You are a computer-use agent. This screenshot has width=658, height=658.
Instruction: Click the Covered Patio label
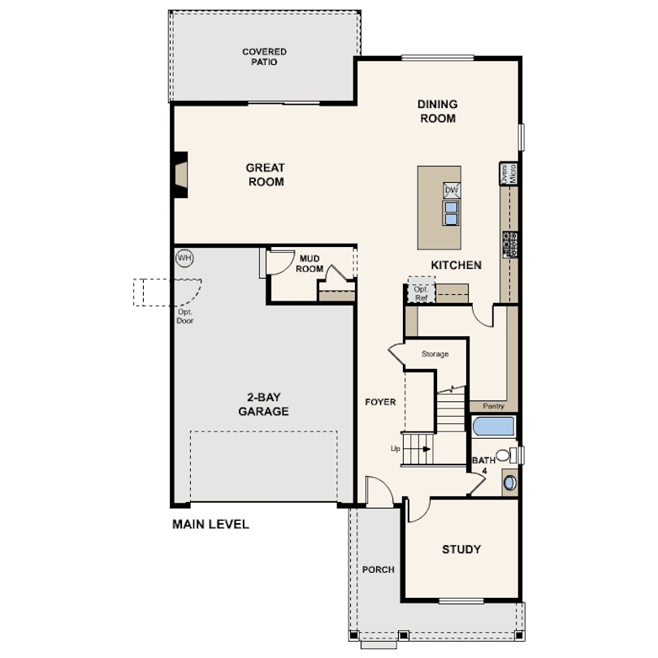pyautogui.click(x=264, y=57)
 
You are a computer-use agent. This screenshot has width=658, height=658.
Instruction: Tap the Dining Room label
pyautogui.click(x=437, y=111)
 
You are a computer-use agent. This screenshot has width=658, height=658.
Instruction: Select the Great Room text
pyautogui.click(x=265, y=175)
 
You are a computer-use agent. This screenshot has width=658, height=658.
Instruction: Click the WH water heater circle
pyautogui.click(x=184, y=258)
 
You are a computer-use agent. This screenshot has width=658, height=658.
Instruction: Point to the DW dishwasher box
pyautogui.click(x=452, y=190)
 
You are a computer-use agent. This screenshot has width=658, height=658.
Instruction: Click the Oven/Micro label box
pyautogui.click(x=509, y=173)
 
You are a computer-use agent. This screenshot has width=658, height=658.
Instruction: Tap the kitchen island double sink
pyautogui.click(x=451, y=213)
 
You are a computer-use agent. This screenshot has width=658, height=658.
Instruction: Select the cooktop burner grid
pyautogui.click(x=510, y=245)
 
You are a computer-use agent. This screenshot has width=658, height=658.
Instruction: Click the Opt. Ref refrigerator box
pyautogui.click(x=422, y=289)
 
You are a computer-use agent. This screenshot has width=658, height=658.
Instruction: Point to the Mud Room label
pyautogui.click(x=310, y=263)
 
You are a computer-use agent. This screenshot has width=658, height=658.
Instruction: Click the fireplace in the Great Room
pyautogui.click(x=181, y=174)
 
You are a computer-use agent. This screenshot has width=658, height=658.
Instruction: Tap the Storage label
pyautogui.click(x=435, y=354)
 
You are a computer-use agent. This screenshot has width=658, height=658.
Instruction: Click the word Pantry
pyautogui.click(x=494, y=406)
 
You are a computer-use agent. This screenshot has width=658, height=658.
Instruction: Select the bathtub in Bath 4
pyautogui.click(x=494, y=426)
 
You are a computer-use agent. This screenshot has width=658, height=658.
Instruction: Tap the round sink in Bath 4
pyautogui.click(x=510, y=483)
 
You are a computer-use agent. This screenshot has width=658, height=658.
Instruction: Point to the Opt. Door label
pyautogui.click(x=184, y=317)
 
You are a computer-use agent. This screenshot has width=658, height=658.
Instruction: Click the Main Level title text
pyautogui.click(x=210, y=524)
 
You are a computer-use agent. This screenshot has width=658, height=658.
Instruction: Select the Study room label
pyautogui.click(x=461, y=549)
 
